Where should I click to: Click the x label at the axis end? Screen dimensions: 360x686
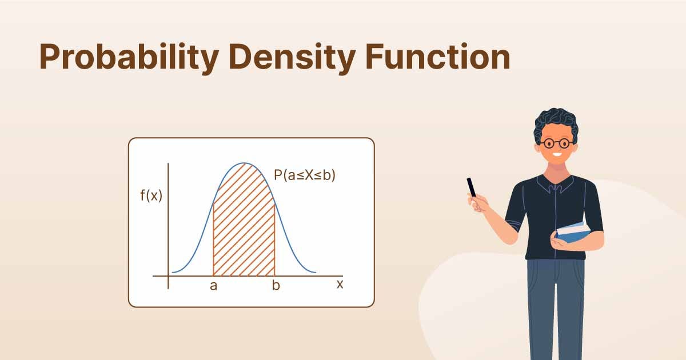click(340, 284)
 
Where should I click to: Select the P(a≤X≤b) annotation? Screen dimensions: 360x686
click(304, 175)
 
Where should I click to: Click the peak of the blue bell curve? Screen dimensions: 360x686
click(244, 163)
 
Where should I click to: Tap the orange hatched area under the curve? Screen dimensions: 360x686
click(244, 229)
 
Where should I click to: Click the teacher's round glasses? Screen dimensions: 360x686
click(556, 143)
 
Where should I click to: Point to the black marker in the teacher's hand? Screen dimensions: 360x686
click(472, 187)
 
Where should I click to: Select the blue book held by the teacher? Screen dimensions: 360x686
click(573, 232)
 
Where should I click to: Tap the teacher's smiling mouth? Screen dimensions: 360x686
click(557, 155)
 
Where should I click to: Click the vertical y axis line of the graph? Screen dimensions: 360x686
click(169, 229)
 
